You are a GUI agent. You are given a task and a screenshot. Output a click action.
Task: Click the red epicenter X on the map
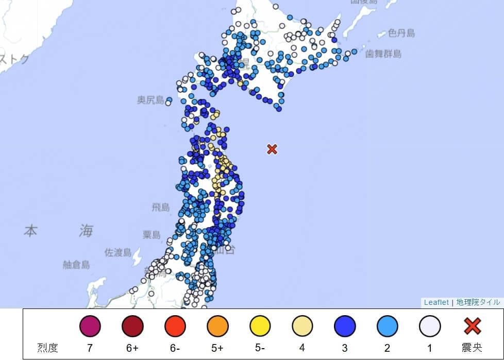click(272, 149)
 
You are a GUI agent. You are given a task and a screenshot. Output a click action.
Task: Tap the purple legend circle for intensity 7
click(90, 326)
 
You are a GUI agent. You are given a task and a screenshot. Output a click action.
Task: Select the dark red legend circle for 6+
click(132, 326)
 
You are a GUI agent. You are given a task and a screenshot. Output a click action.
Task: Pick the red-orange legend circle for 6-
click(175, 326)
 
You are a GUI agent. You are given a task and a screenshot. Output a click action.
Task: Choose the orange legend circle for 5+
click(217, 326)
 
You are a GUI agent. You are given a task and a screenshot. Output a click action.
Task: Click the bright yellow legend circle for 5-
click(260, 326)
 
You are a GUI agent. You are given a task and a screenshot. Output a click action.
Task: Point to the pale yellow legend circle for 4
click(303, 326)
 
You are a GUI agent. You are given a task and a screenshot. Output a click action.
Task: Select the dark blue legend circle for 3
click(345, 326)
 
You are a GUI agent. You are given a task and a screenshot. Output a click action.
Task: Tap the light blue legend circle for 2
click(387, 326)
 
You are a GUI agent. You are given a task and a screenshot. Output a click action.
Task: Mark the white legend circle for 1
click(430, 326)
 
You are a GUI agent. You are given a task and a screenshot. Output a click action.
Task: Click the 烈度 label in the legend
click(47, 348)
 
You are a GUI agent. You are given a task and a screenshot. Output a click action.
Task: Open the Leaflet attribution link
click(436, 303)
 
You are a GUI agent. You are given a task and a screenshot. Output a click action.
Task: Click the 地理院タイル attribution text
click(478, 303)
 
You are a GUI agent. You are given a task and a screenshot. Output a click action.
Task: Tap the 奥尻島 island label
click(150, 100)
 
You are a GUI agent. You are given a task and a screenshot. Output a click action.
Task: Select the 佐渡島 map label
click(118, 253)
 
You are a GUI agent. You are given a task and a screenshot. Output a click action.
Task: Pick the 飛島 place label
click(161, 208)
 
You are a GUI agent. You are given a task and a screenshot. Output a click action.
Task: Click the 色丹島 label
click(401, 33)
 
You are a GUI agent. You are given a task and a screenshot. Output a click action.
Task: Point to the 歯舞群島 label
click(383, 54)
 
